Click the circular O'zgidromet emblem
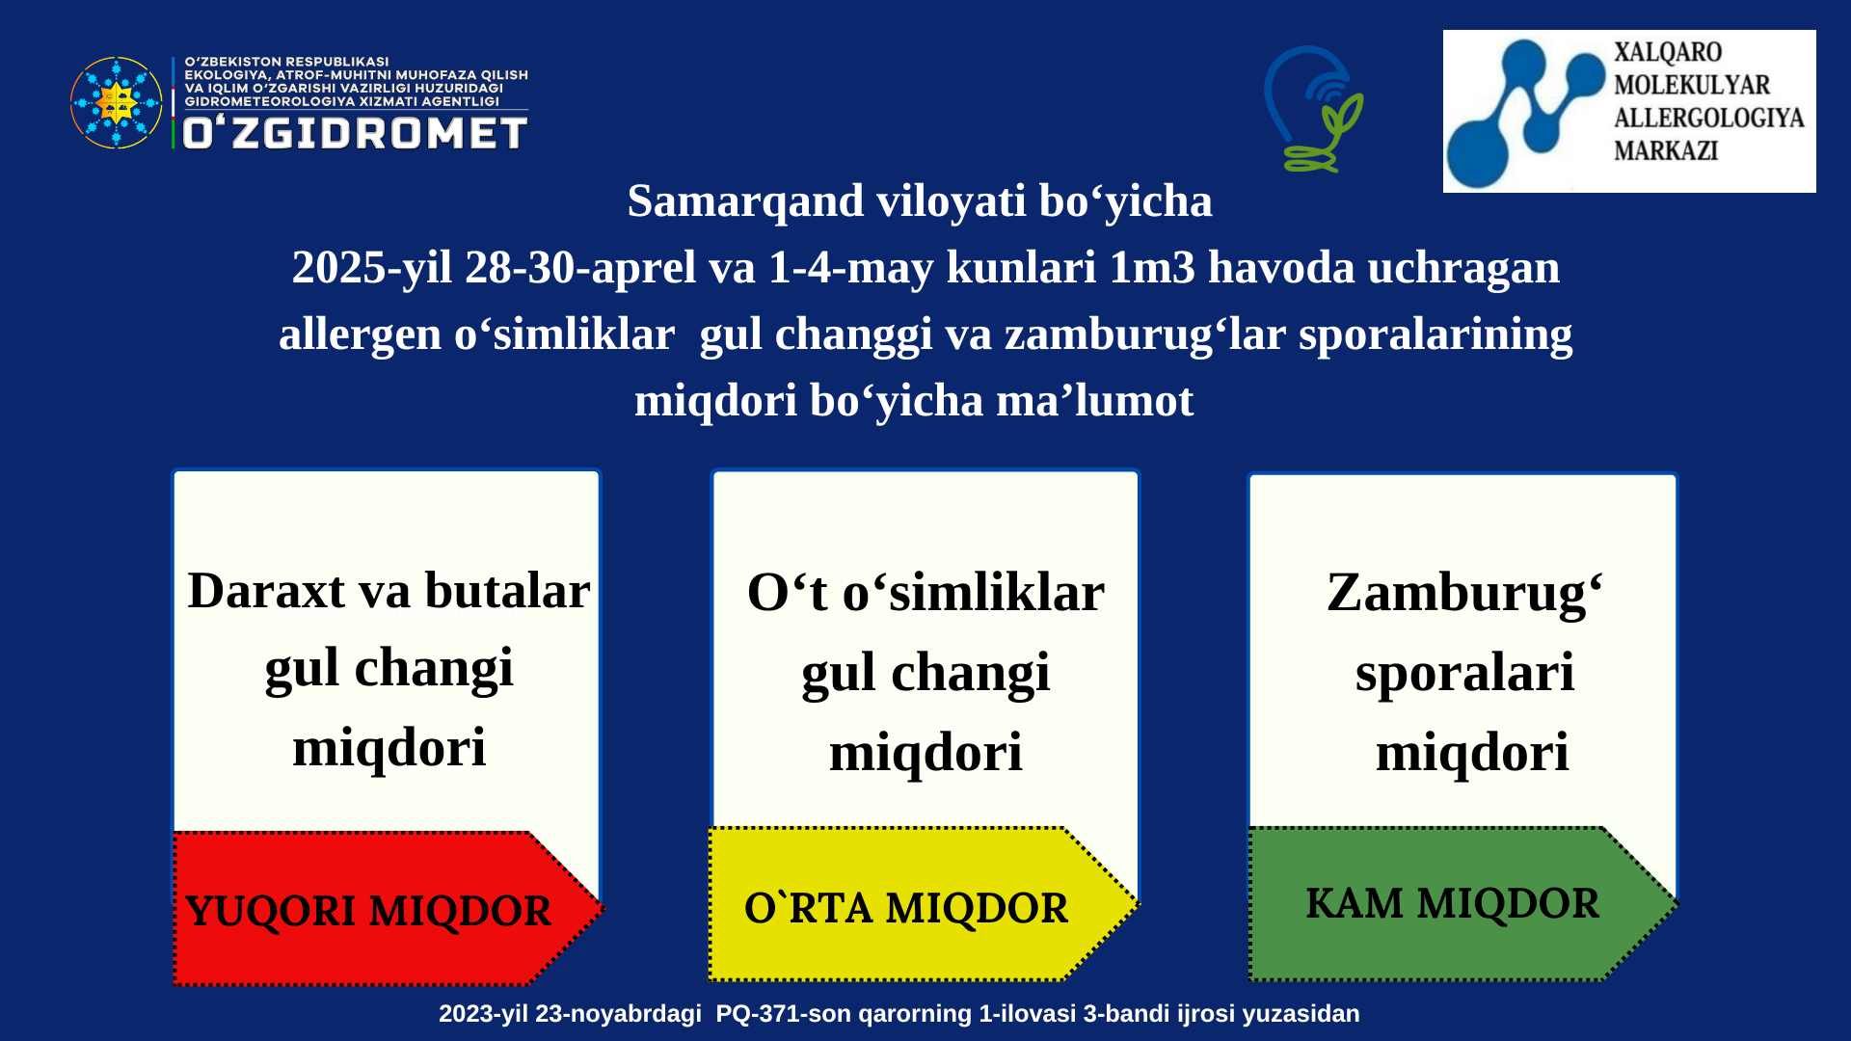click(x=117, y=102)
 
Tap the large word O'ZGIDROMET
click(x=355, y=133)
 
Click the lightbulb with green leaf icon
click(x=1313, y=109)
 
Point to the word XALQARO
click(x=1668, y=52)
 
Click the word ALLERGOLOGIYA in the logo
click(x=1709, y=118)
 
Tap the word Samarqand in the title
click(x=745, y=201)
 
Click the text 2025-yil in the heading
click(x=371, y=268)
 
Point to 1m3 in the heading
click(x=1152, y=267)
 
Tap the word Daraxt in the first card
click(x=266, y=590)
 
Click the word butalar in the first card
click(x=507, y=590)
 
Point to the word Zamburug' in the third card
click(x=1464, y=594)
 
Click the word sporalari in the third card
click(x=1464, y=673)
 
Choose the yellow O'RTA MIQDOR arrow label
click(x=924, y=904)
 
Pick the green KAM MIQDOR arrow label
click(x=1463, y=904)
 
